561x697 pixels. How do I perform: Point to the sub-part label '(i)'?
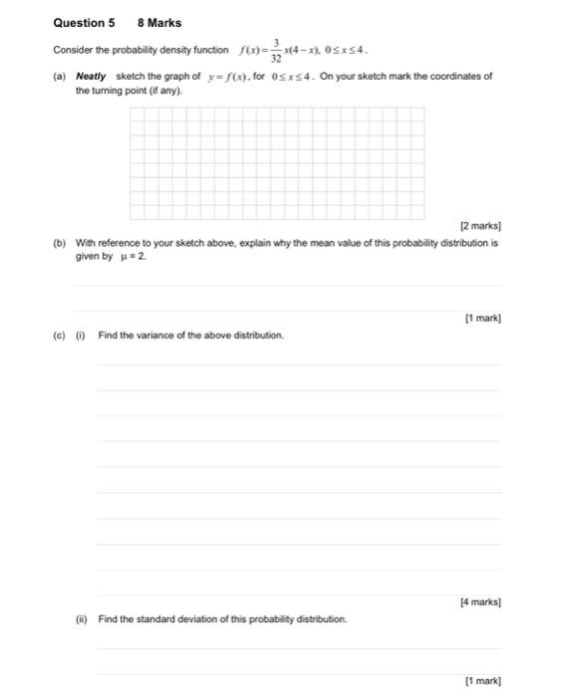coord(81,335)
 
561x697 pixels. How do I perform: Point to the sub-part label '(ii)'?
coord(82,618)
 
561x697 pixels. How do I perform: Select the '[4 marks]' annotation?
coord(480,602)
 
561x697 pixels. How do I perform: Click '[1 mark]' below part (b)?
coord(482,319)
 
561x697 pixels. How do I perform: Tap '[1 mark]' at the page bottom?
coord(482,681)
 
